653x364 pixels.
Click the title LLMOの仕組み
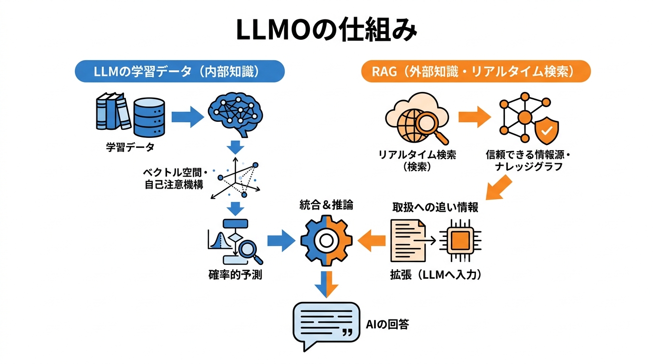[x=326, y=31]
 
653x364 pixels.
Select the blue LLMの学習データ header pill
[x=180, y=72]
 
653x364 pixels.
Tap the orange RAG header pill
[x=476, y=72]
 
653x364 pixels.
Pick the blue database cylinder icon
[x=149, y=116]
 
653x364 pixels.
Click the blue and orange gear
[x=326, y=240]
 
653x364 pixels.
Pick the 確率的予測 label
[x=235, y=274]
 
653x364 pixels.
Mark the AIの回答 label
[x=388, y=324]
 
